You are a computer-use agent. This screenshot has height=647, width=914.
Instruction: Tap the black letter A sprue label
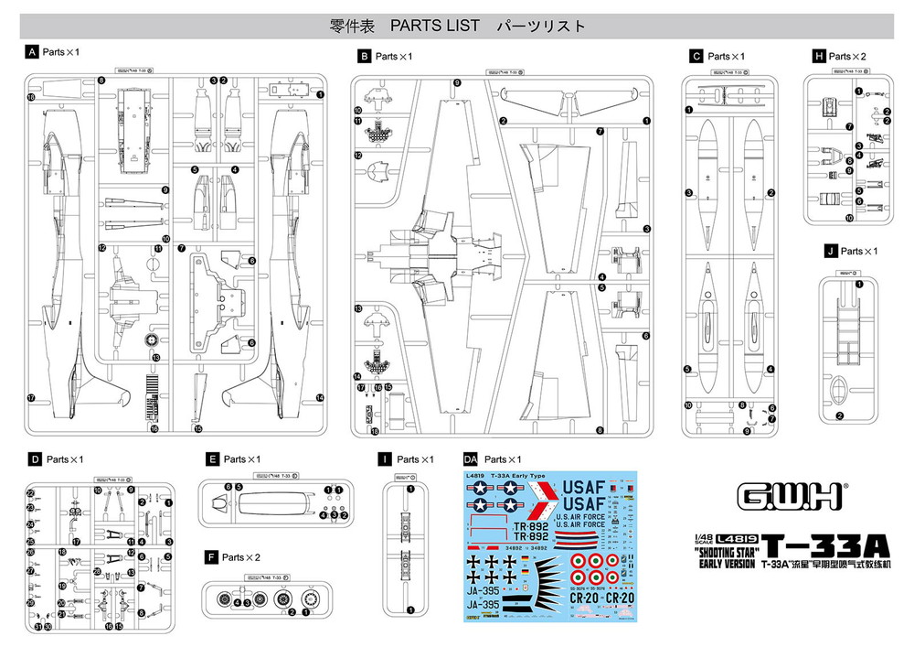click(x=33, y=52)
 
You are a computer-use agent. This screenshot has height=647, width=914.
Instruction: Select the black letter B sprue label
click(x=364, y=57)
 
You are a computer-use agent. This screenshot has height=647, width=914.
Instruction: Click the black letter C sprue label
click(x=696, y=57)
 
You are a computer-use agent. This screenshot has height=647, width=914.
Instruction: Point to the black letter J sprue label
click(x=829, y=251)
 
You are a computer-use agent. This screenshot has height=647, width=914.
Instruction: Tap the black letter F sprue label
click(x=211, y=555)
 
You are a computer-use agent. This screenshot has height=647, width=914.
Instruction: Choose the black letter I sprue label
click(x=388, y=458)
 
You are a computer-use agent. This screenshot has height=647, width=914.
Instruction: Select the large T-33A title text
click(x=826, y=545)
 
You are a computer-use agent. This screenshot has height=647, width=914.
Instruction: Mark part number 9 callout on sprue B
click(x=456, y=83)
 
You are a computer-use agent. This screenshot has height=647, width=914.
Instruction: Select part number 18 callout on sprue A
click(x=31, y=97)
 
